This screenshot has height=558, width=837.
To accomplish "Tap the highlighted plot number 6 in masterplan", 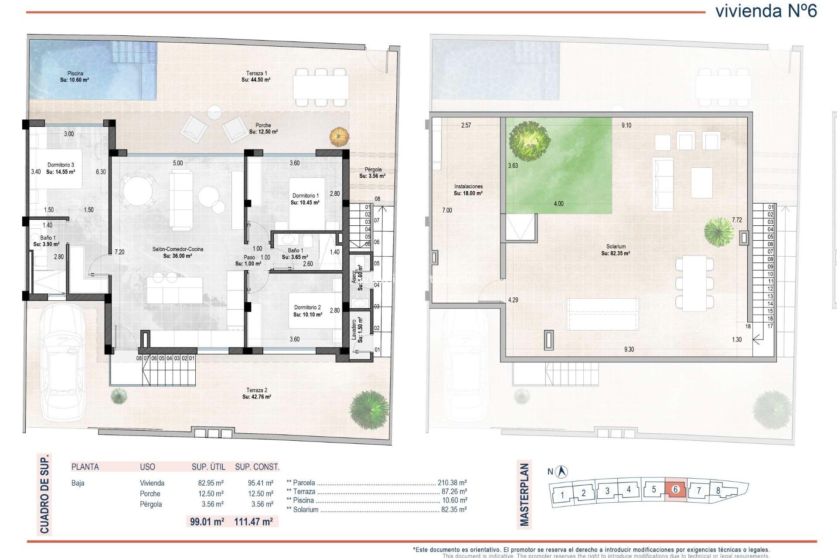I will (x=676, y=489).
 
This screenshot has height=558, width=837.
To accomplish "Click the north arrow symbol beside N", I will (x=563, y=471).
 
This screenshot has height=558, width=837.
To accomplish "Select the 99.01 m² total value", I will (x=207, y=521).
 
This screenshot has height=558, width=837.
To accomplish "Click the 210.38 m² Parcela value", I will (x=452, y=483).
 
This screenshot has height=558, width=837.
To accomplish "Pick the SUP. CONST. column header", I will (x=257, y=467).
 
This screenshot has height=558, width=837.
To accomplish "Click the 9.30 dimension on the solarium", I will (x=629, y=350).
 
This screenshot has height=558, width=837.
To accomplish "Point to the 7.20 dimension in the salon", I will (x=119, y=252).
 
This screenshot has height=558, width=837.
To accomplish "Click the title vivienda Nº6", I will (x=766, y=11).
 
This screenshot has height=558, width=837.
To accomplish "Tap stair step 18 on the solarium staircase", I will (x=748, y=326).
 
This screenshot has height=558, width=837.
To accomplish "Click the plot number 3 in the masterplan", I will (x=607, y=491).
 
